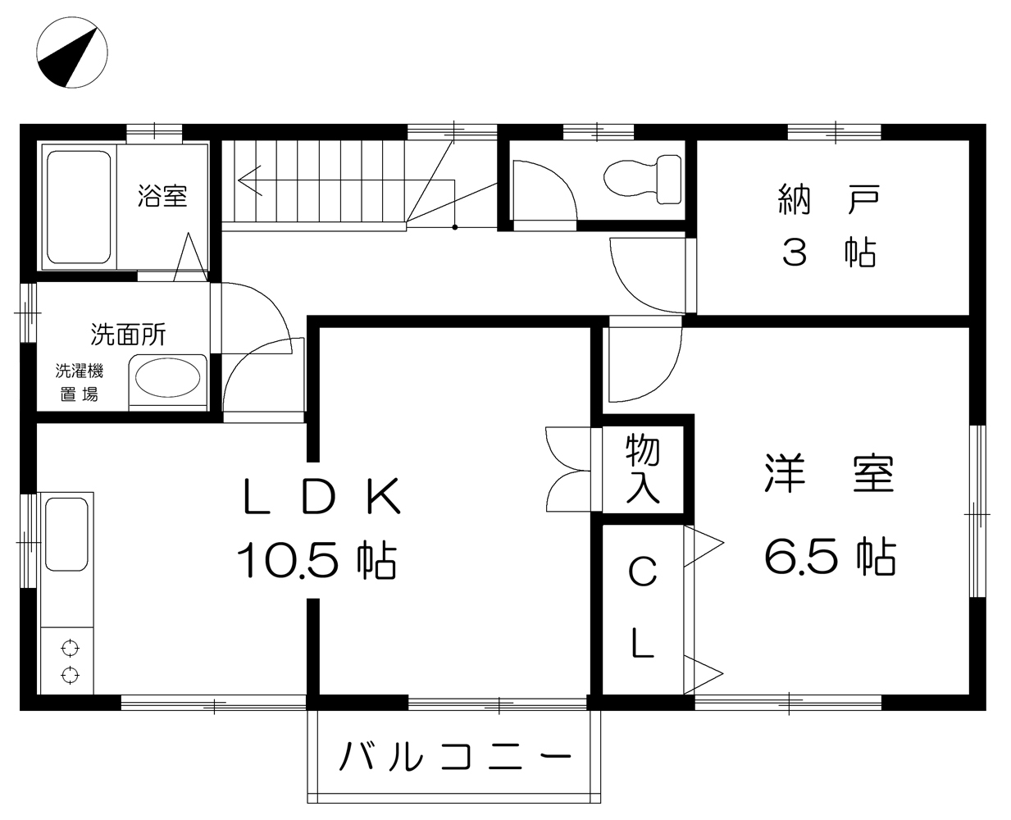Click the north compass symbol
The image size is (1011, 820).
72,52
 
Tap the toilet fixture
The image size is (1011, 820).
642,180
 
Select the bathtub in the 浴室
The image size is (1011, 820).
79,207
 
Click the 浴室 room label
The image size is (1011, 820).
163,195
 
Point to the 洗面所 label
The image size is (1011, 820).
128,335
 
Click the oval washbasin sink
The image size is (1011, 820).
167,378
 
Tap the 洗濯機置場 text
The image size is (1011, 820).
80,382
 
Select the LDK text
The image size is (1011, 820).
321,496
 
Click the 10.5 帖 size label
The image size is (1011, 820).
317,560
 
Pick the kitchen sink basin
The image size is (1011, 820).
66,535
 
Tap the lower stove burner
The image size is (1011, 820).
71,675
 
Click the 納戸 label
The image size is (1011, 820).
829,200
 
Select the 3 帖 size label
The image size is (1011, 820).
829,253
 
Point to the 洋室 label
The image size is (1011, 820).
829,474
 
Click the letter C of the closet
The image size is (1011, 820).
643,572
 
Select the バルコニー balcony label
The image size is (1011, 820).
455,756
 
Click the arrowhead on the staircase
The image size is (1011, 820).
249,180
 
